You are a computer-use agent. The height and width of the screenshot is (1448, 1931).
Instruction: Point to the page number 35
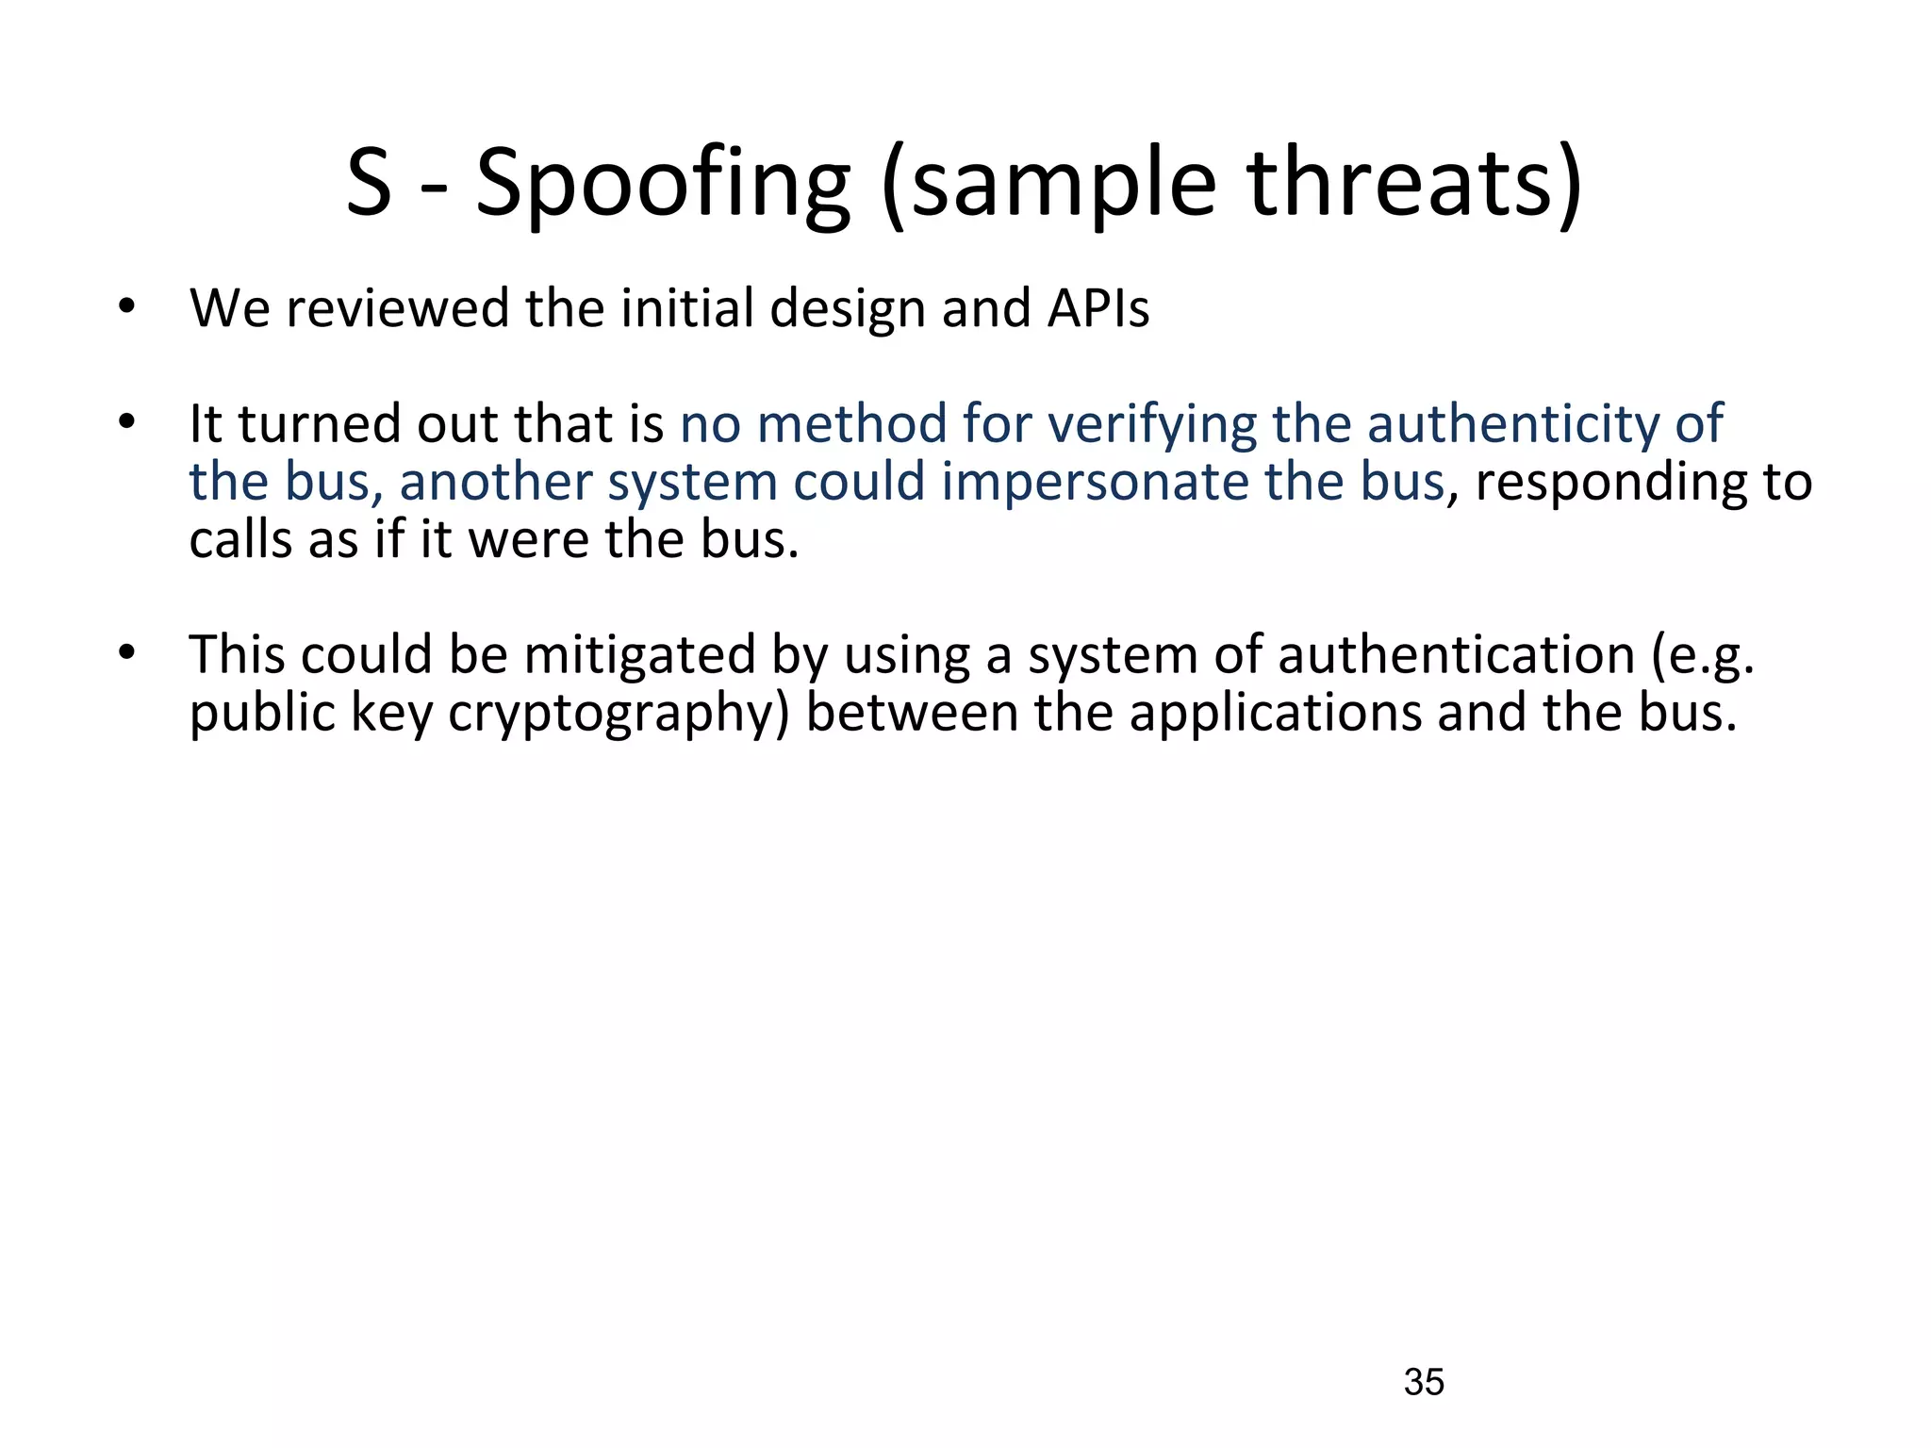tap(1424, 1382)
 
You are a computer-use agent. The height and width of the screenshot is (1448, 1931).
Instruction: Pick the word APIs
tap(1098, 308)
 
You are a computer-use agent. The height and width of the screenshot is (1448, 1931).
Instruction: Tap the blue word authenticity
tap(1512, 422)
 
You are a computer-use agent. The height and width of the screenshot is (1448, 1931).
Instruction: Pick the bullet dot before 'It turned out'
tap(127, 422)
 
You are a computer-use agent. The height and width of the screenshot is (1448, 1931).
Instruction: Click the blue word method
tap(851, 422)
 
